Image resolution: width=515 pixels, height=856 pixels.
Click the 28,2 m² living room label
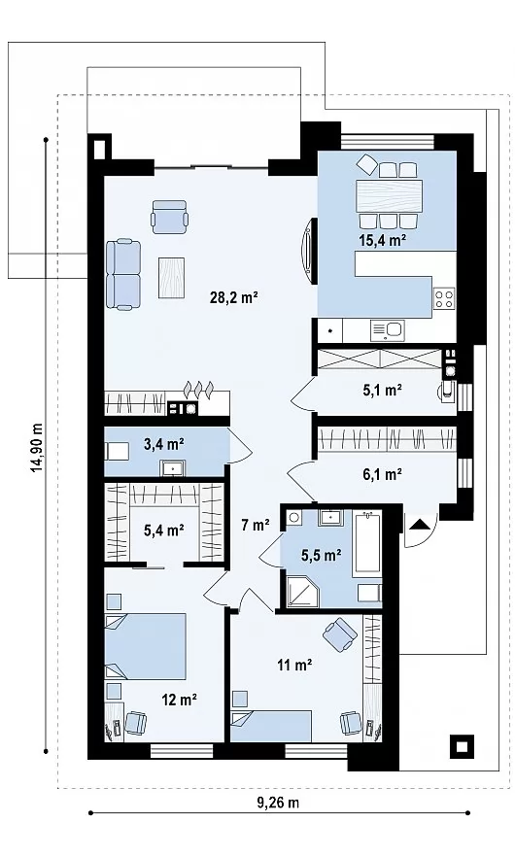point(234,297)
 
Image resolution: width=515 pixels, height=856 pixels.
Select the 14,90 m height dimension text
point(37,448)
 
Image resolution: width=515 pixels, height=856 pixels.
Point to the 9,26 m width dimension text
point(278,803)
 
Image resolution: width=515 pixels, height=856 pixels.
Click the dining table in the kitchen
point(389,196)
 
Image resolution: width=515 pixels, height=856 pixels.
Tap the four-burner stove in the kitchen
point(444,298)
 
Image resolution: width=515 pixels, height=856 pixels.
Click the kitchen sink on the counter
point(387,330)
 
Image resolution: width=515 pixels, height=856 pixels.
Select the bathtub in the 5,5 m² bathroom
point(366,543)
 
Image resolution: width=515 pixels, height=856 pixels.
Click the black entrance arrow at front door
point(420,524)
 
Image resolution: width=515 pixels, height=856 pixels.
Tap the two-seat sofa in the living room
point(124,274)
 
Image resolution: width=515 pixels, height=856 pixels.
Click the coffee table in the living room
point(171,278)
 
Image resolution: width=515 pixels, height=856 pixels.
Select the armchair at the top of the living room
point(170,216)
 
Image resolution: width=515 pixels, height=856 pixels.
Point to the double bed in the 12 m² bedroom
point(146,646)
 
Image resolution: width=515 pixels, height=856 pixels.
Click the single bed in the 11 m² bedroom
point(271,726)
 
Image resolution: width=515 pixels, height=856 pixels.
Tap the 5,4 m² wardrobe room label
point(163,530)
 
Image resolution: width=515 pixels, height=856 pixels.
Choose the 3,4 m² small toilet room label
point(163,444)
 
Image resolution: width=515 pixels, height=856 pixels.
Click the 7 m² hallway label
point(256,526)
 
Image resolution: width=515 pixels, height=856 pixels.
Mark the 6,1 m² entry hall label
point(382,474)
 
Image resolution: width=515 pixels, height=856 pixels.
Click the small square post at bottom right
point(462,746)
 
